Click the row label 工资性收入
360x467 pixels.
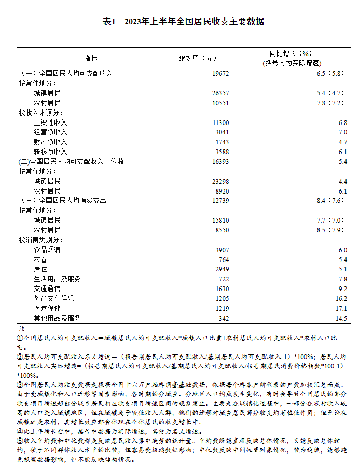[50, 122]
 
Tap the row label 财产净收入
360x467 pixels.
[50, 142]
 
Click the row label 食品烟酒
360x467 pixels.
[47, 250]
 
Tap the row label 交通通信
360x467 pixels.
[47, 289]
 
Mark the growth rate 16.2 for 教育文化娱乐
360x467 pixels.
[341, 298]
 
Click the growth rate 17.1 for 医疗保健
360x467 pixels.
[341, 308]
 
